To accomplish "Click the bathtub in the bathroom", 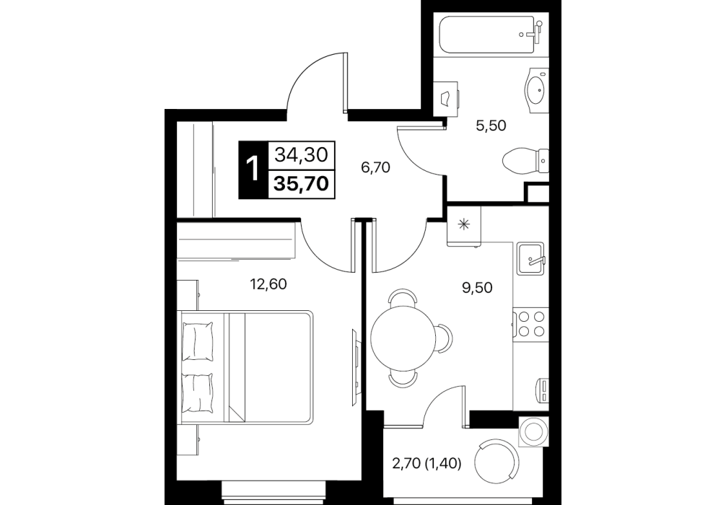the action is click(491, 35).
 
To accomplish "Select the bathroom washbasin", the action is click(536, 89).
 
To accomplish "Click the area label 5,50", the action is click(491, 126).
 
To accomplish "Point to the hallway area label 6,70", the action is click(375, 167).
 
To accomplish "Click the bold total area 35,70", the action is click(301, 184).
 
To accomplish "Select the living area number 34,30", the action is click(301, 155).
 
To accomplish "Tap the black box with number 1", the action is click(253, 170).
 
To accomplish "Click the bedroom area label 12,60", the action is click(268, 284).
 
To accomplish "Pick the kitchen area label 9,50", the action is click(477, 288).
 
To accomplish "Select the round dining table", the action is click(404, 338).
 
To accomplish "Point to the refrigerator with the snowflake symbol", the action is click(464, 225).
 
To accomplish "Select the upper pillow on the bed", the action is click(198, 342).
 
